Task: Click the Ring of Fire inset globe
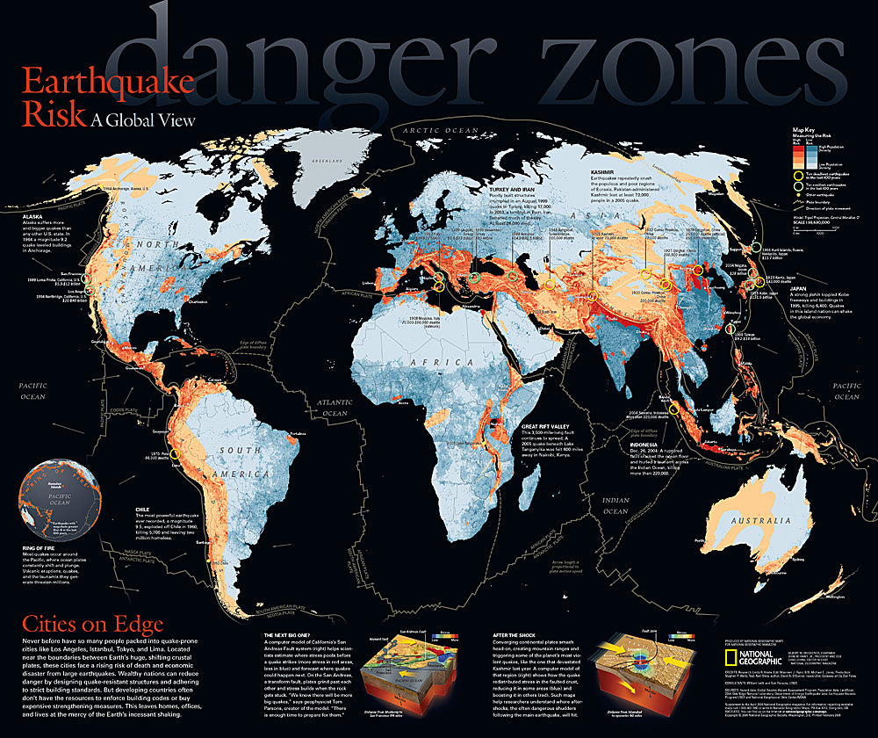pyautogui.click(x=59, y=496)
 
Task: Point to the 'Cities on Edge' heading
pyautogui.click(x=92, y=625)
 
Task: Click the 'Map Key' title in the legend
pyautogui.click(x=804, y=130)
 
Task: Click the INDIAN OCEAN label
pyautogui.click(x=615, y=505)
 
